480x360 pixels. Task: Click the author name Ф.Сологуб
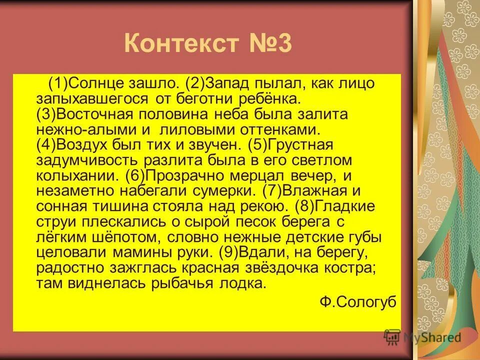pos(358,301)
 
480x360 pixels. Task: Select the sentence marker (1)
pos(58,82)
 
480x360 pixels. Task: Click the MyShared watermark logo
pos(422,337)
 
